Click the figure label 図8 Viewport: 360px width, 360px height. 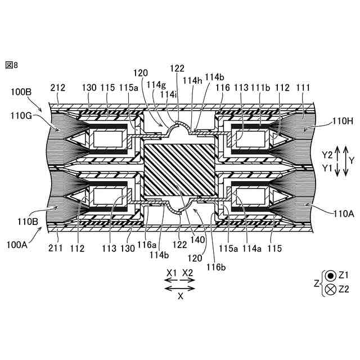click(x=12, y=65)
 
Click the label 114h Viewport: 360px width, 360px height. click(x=193, y=80)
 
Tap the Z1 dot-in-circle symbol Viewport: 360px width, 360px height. click(x=331, y=276)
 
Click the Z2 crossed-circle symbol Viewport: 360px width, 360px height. click(x=331, y=289)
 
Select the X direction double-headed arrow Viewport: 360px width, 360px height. click(x=180, y=287)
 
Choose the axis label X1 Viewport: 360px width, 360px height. click(x=172, y=272)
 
